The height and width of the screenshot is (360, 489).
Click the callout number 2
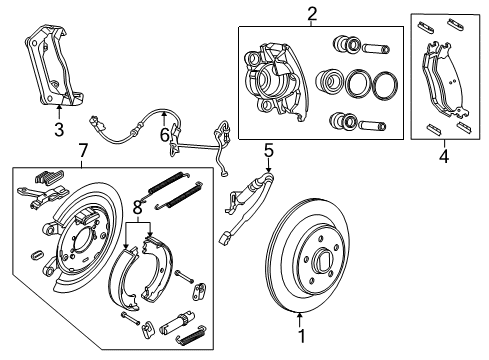tap(311, 13)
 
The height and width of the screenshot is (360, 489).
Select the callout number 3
tap(58, 129)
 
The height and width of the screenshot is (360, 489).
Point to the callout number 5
tap(268, 151)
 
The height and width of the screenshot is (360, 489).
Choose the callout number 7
tap(83, 151)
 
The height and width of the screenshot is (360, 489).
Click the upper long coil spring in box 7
tap(172, 185)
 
